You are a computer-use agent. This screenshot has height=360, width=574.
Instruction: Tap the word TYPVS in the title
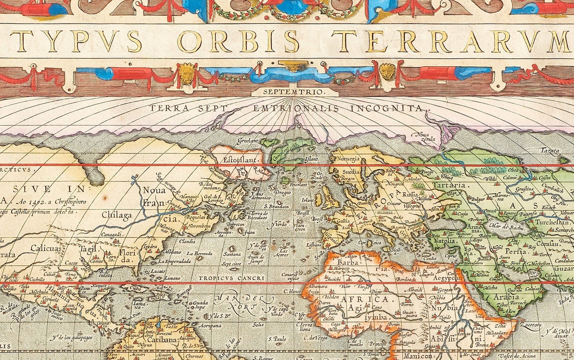[75, 40]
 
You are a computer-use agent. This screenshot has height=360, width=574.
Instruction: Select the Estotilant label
[242, 160]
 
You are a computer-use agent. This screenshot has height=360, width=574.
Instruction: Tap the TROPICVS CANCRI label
[231, 278]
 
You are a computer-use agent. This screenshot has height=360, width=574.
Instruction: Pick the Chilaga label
[117, 215]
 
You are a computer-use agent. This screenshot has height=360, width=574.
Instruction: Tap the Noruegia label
[348, 159]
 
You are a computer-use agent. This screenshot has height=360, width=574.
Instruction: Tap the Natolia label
[444, 241]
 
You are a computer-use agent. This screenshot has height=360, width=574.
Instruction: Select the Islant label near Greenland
[311, 159]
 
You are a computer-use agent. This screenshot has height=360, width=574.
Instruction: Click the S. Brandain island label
[276, 207]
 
